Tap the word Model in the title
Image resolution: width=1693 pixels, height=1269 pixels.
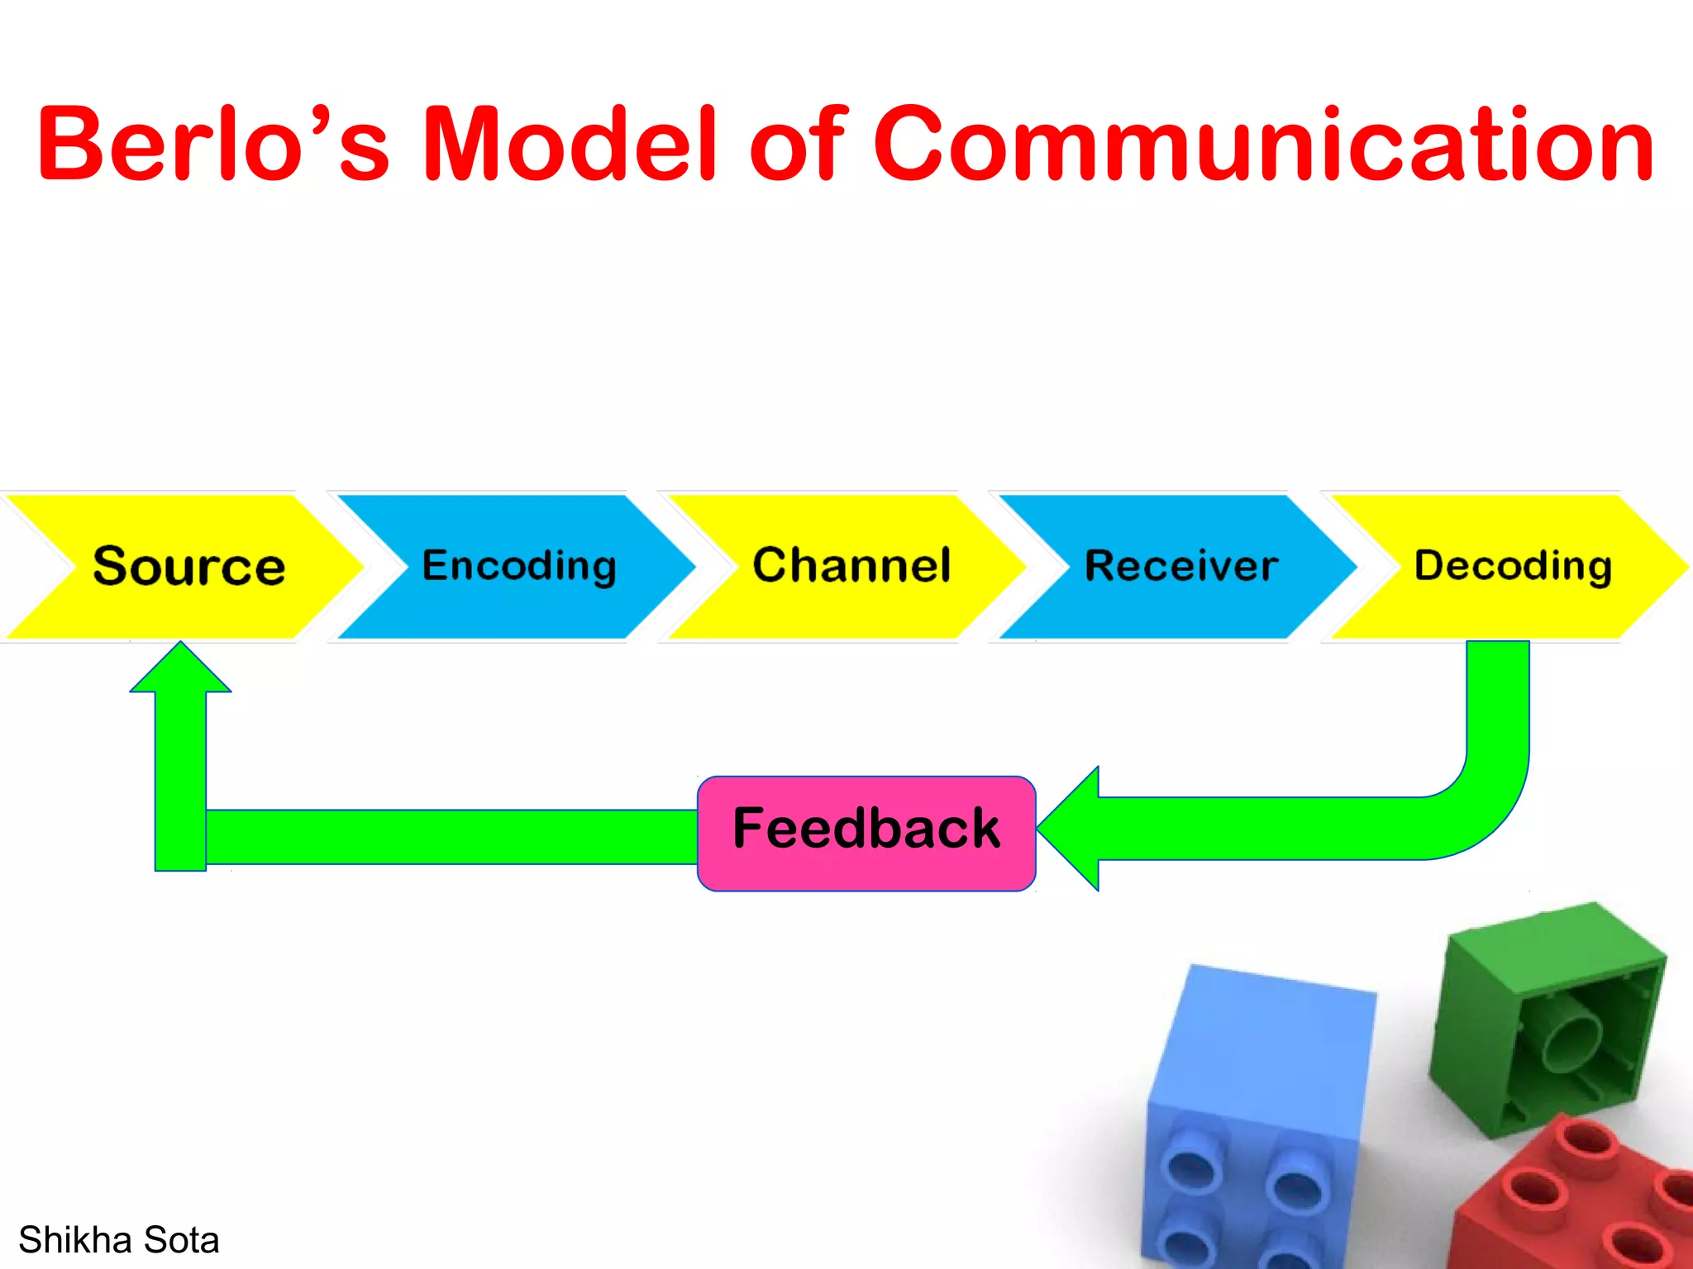coord(570,145)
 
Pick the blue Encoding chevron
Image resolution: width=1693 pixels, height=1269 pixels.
coord(519,567)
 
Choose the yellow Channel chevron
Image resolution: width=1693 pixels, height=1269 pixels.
coord(851,567)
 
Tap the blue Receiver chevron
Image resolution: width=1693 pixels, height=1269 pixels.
coord(1180,567)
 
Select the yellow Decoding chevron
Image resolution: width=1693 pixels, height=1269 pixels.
coord(1513,567)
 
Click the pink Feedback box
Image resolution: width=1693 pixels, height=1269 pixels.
coord(866,833)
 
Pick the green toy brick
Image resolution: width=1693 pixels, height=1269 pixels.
coord(1546,1016)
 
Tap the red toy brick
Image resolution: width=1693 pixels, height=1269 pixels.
coord(1571,1198)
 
